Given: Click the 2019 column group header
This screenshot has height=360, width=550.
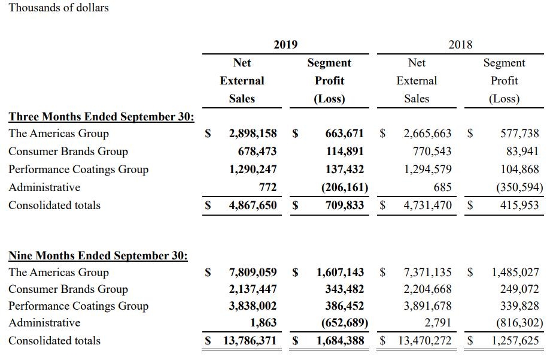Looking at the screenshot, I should pyautogui.click(x=285, y=44).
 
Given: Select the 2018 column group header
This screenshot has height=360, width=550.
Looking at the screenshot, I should pyautogui.click(x=460, y=44).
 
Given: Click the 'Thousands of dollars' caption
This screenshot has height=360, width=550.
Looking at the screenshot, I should pyautogui.click(x=59, y=8).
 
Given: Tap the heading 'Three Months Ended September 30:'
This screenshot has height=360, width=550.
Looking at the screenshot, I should pyautogui.click(x=101, y=116).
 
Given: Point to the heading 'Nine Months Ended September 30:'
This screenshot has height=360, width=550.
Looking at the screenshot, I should pyautogui.click(x=98, y=256).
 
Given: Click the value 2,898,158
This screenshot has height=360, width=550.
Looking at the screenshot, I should pyautogui.click(x=253, y=134).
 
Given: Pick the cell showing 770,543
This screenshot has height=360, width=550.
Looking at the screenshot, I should pyautogui.click(x=428, y=152).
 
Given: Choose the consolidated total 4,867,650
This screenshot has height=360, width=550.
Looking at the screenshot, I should pyautogui.click(x=253, y=205).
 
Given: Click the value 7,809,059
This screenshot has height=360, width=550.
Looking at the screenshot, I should pyautogui.click(x=253, y=273).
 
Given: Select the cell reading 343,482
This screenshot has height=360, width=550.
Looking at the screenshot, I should pyautogui.click(x=345, y=289).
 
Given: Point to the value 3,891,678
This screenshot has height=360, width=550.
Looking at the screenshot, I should pyautogui.click(x=428, y=306).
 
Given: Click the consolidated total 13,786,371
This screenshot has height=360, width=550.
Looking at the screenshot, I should pyautogui.click(x=249, y=341).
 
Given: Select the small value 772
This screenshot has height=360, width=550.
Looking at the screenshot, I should pyautogui.click(x=267, y=187).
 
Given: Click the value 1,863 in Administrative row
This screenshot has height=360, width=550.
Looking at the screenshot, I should pyautogui.click(x=263, y=323).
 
